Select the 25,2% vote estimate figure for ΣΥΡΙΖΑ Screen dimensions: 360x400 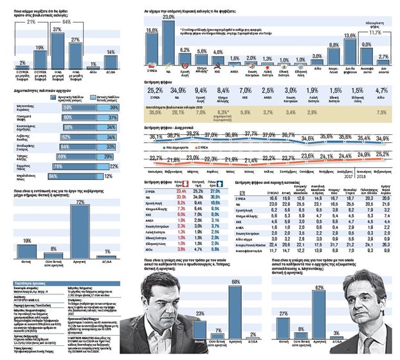155,91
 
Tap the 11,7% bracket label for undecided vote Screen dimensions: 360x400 375,31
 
